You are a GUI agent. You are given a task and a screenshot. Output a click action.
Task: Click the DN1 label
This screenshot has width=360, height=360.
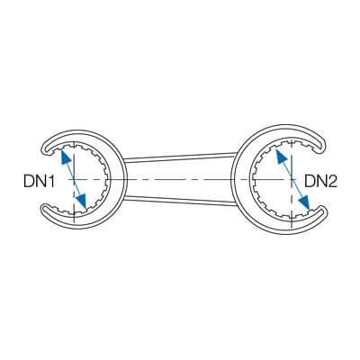click(39, 182)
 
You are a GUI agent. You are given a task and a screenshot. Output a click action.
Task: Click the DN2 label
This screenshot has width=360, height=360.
click(321, 181)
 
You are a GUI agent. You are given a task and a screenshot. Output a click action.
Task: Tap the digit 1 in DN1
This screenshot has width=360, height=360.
click(51, 182)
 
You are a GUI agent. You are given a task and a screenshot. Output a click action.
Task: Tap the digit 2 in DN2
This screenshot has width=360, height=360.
click(332, 181)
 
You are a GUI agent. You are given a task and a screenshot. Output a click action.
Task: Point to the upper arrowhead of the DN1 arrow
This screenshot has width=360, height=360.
click(65, 157)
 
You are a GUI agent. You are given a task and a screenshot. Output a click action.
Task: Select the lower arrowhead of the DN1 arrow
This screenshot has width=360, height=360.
click(82, 201)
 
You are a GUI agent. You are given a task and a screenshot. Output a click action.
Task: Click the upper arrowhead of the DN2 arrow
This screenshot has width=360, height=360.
click(280, 157)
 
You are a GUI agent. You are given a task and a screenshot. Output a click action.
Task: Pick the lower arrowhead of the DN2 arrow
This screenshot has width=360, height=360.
click(305, 202)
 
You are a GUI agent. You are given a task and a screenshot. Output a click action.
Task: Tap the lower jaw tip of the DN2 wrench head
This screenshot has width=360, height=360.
click(323, 211)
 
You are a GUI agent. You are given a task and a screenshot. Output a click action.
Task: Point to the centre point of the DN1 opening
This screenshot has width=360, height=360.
click(74, 179)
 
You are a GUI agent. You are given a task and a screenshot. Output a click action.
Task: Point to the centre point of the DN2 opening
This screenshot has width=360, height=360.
click(292, 179)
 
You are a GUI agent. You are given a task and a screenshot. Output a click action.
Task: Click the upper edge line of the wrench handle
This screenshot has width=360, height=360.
click(180, 157)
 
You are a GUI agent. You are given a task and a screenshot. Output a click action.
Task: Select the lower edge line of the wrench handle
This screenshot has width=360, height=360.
click(180, 201)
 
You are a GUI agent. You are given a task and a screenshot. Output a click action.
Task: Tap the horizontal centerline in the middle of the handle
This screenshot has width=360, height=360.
click(180, 179)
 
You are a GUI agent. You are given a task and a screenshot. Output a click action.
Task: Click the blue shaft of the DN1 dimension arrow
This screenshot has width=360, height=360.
click(74, 179)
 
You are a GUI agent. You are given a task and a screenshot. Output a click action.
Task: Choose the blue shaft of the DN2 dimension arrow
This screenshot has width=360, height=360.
click(292, 179)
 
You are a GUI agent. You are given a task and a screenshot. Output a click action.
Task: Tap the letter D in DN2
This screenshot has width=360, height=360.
click(310, 181)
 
